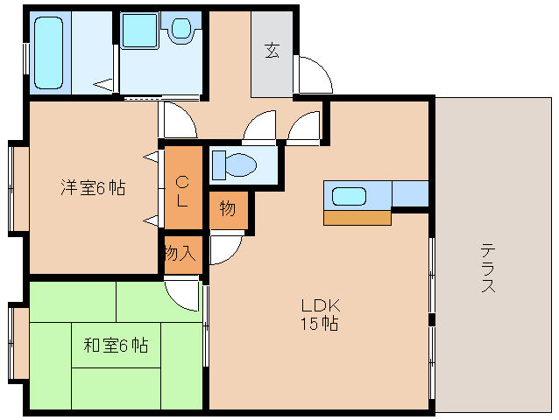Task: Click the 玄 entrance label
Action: pyautogui.click(x=272, y=50)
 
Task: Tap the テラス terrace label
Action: pyautogui.click(x=487, y=267)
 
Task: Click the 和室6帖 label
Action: pyautogui.click(x=116, y=346)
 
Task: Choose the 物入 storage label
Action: pyautogui.click(x=180, y=254)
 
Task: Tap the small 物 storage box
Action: pyautogui.click(x=228, y=210)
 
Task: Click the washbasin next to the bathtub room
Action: pyautogui.click(x=138, y=31)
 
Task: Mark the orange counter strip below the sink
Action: pyautogui.click(x=357, y=217)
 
